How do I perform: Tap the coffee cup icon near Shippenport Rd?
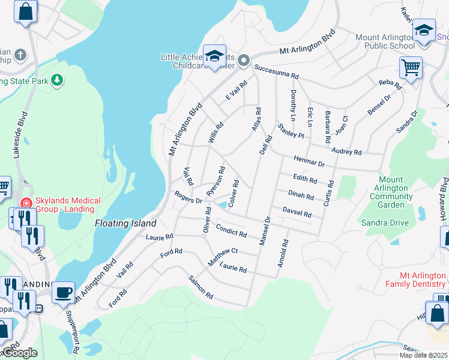[x=63, y=293]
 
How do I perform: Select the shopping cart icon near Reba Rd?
[x=411, y=67]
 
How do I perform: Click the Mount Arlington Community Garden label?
[x=394, y=192]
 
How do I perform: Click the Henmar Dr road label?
[x=309, y=161]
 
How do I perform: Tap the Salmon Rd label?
[x=201, y=287]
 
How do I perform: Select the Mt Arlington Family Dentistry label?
[x=415, y=279]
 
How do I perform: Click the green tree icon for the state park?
[x=57, y=79]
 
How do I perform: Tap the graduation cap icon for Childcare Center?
[x=214, y=56]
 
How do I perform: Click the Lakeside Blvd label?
[x=19, y=142]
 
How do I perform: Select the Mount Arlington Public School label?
[x=385, y=41]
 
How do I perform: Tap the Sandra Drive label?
[x=385, y=223]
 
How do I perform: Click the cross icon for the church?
[x=20, y=56]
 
